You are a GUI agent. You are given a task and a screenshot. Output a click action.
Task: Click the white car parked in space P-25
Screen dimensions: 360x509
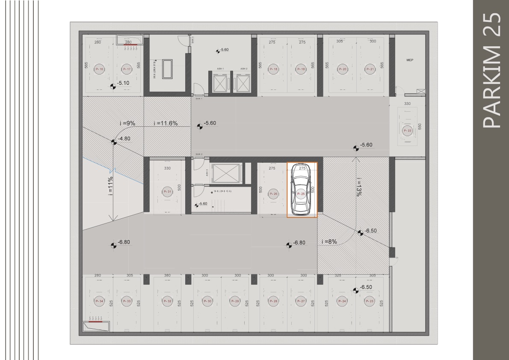(x=302, y=190)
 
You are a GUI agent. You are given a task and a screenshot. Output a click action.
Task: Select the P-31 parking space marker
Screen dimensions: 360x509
(x=167, y=192)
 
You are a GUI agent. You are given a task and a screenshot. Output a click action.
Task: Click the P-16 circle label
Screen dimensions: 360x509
(x=99, y=69)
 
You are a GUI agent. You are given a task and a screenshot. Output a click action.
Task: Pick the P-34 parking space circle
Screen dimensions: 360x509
(x=99, y=301)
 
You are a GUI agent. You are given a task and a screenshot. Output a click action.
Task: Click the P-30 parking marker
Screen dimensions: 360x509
(x=207, y=301)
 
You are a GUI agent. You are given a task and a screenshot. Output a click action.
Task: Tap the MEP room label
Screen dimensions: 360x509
(x=410, y=61)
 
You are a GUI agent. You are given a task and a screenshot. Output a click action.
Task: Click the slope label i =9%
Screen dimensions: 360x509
(x=127, y=123)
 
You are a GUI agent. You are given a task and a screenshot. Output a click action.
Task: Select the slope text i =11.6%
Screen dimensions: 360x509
(x=166, y=123)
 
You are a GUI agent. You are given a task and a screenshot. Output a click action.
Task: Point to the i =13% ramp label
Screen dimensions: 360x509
(x=358, y=187)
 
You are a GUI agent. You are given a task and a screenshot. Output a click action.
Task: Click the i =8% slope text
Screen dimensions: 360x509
(x=329, y=242)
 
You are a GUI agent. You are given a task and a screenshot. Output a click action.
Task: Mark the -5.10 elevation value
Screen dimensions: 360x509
(x=123, y=83)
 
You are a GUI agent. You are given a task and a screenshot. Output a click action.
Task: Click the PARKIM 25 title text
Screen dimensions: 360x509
(x=491, y=70)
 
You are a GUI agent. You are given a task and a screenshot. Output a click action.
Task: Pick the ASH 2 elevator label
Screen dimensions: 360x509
(x=243, y=68)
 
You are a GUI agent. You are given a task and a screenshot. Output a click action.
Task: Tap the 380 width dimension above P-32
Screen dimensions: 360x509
(x=167, y=275)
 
